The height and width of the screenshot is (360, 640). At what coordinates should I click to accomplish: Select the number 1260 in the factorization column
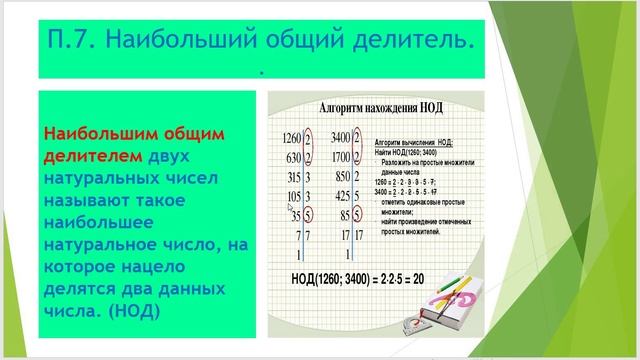(x=292, y=137)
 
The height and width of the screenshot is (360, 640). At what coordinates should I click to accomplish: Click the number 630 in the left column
(x=294, y=158)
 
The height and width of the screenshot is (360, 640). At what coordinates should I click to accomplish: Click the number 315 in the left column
(x=294, y=177)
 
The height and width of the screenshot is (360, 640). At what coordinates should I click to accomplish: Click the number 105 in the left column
(x=294, y=196)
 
